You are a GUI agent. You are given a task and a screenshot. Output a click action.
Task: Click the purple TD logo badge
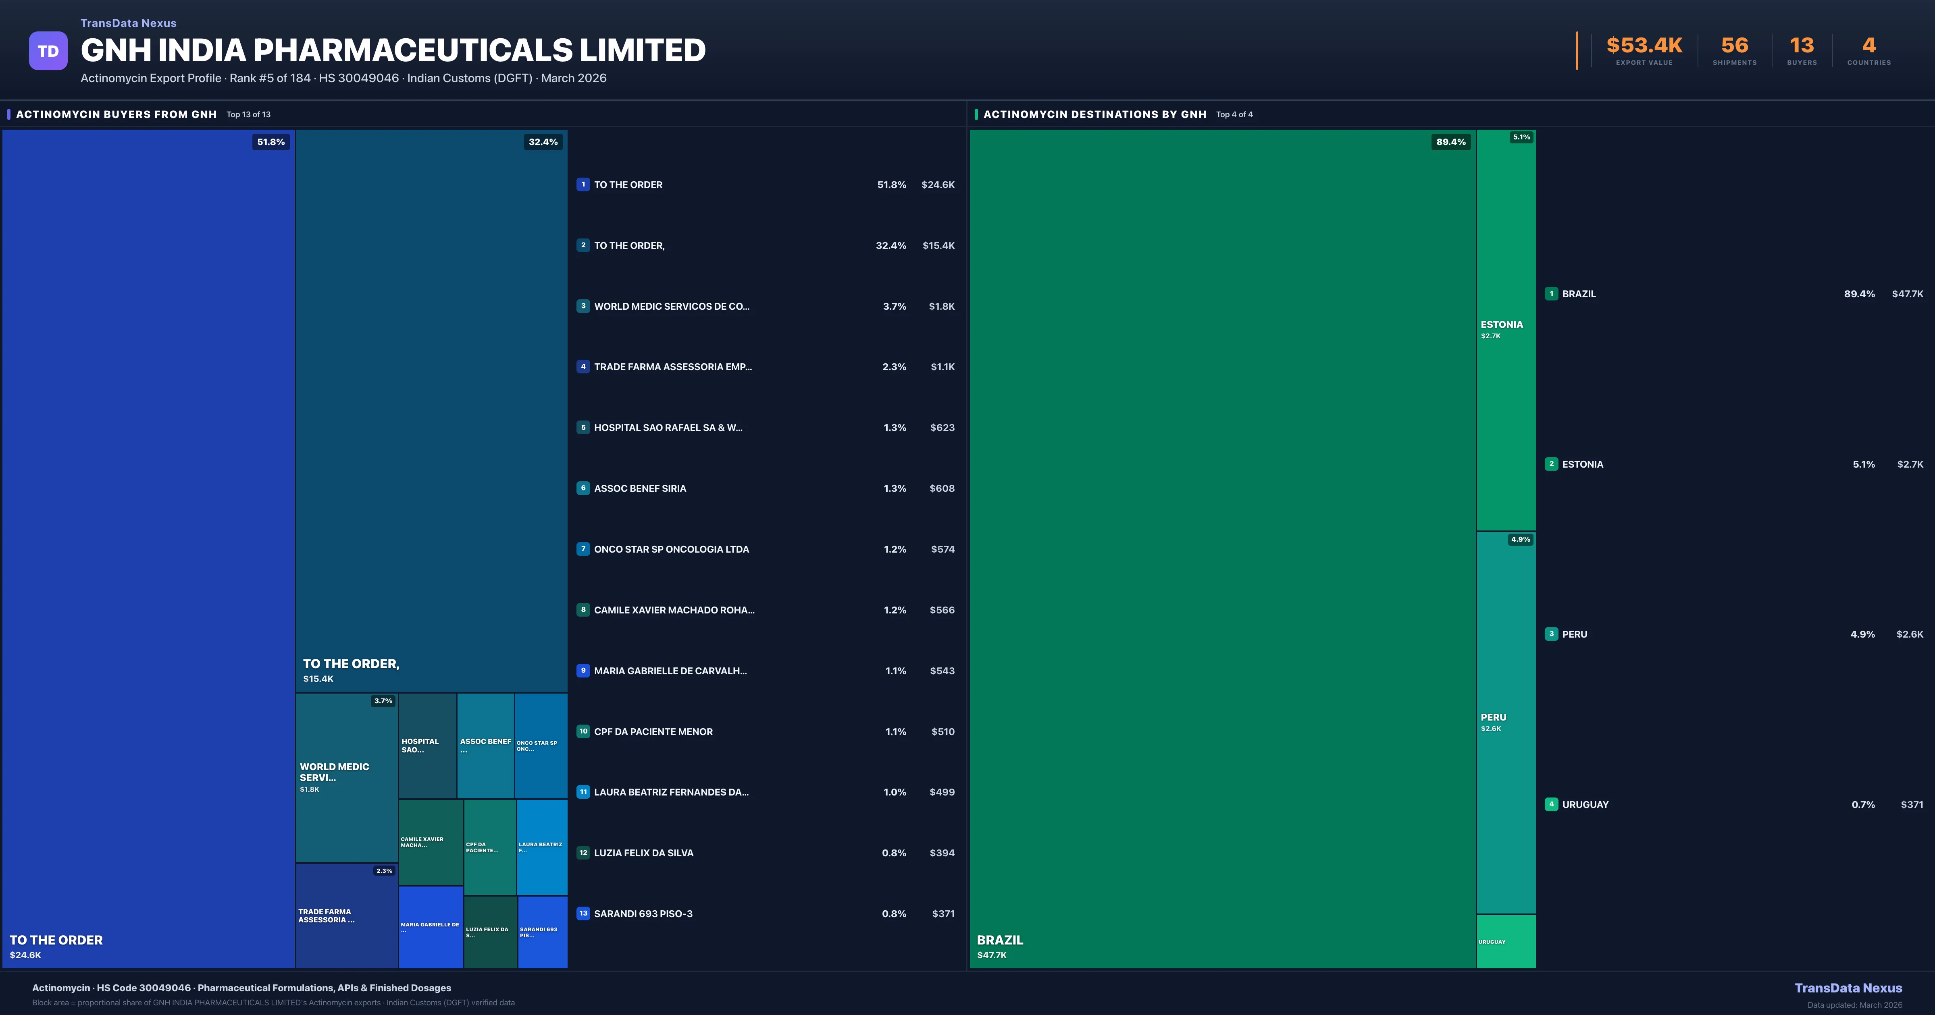(x=48, y=51)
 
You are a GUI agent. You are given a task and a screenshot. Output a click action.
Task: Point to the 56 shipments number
(x=1734, y=46)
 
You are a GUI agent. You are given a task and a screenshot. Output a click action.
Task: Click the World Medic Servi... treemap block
(x=345, y=777)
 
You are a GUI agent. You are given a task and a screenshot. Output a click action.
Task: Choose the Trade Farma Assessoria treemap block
(x=345, y=916)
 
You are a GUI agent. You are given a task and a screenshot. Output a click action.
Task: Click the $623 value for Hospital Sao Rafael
(x=942, y=428)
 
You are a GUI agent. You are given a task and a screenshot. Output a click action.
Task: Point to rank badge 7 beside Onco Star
(x=583, y=549)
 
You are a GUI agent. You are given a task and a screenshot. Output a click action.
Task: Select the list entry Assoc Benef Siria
(x=640, y=489)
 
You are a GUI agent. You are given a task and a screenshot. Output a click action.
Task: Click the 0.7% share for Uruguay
(x=1863, y=805)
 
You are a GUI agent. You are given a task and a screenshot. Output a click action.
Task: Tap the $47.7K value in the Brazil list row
(x=1907, y=294)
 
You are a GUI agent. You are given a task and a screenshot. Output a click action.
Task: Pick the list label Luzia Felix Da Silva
(x=644, y=853)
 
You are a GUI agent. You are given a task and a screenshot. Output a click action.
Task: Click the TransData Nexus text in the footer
(x=1848, y=988)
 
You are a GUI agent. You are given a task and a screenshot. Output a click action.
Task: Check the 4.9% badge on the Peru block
(x=1520, y=539)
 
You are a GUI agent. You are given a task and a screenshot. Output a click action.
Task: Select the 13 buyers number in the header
(x=1801, y=46)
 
